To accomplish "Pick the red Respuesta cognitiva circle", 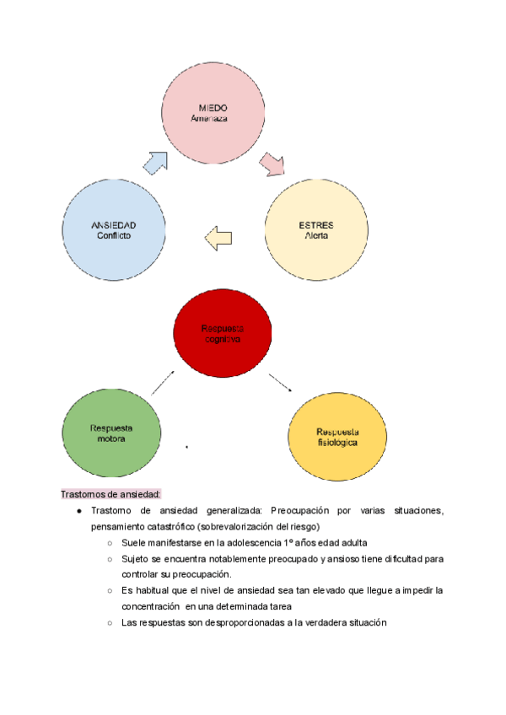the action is point(222,333).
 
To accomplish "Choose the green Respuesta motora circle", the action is point(111,433).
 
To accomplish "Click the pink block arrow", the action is point(272,164).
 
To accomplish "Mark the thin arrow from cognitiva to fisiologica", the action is point(281,380).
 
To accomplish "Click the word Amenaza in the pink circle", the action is point(212,120).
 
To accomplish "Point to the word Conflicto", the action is point(114,236).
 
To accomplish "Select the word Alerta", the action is point(315,236).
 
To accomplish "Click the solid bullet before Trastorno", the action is point(78,511).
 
